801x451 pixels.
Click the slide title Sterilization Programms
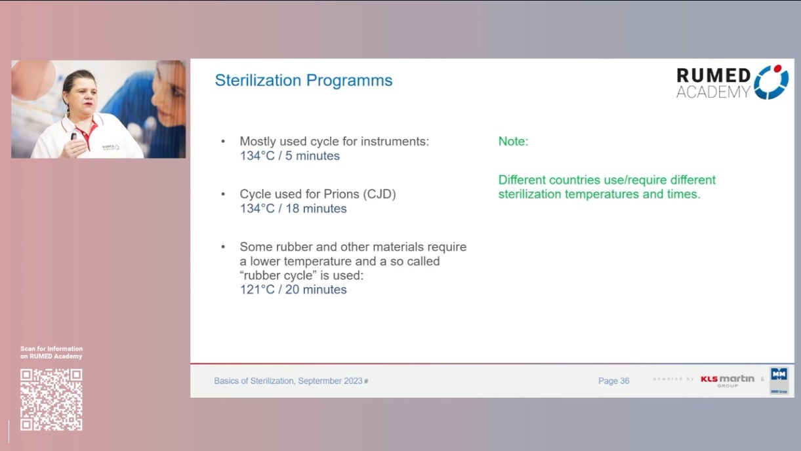tap(304, 81)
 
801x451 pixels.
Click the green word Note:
tap(513, 142)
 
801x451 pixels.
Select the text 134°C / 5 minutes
tap(289, 156)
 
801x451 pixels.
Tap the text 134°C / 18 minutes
tap(293, 208)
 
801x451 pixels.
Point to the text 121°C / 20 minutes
tap(293, 289)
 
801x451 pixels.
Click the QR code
tap(51, 399)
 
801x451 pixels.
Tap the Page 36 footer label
tap(613, 381)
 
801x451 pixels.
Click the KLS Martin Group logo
tap(727, 380)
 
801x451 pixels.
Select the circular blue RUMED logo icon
tap(771, 82)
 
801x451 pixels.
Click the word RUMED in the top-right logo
tap(713, 75)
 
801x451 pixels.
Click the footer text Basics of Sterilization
tap(254, 381)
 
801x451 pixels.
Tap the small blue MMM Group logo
tap(779, 380)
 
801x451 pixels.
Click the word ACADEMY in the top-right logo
tap(713, 92)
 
